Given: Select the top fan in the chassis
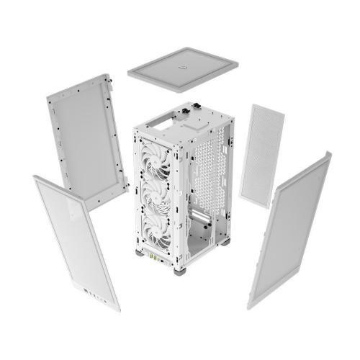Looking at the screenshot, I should [x=157, y=150].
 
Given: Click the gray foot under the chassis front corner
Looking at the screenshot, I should [x=179, y=271].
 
